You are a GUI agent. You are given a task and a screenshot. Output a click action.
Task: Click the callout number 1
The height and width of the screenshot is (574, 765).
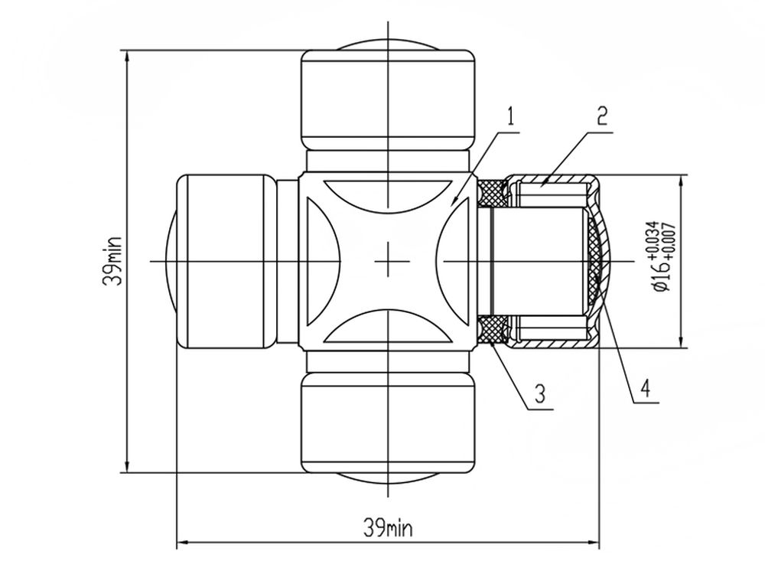coord(510,117)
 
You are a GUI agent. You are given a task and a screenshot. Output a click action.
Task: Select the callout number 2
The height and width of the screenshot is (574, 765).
coord(603,116)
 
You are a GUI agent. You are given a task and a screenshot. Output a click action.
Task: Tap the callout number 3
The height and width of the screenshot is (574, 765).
coord(539,393)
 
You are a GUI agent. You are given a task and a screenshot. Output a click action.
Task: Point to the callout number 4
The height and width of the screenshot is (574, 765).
coord(645,389)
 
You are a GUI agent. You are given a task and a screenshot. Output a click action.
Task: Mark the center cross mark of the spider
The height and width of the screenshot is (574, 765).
coord(389,261)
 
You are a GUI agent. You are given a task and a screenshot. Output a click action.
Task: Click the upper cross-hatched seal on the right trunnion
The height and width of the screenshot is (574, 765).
coord(492,191)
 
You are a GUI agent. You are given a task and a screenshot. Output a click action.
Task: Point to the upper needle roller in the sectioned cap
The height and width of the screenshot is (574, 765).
coord(552,194)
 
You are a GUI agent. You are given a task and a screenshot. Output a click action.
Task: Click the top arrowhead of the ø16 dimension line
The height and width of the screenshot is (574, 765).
coord(682,181)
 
